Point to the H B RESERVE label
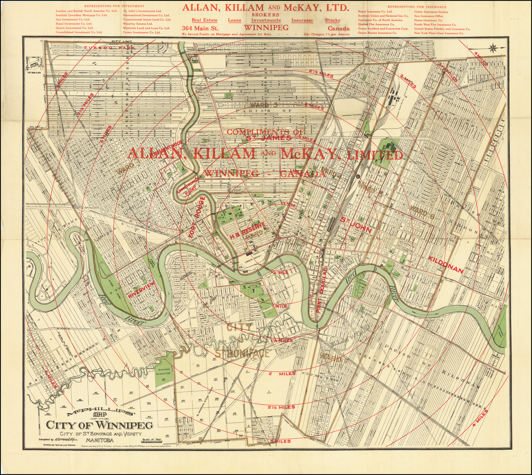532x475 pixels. [247, 232]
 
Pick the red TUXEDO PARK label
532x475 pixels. [110, 48]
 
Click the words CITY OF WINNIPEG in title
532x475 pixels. [99, 425]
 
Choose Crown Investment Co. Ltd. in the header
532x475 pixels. [142, 33]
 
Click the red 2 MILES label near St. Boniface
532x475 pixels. [282, 374]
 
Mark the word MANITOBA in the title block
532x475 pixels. [100, 440]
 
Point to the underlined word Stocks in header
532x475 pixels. [332, 20]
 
